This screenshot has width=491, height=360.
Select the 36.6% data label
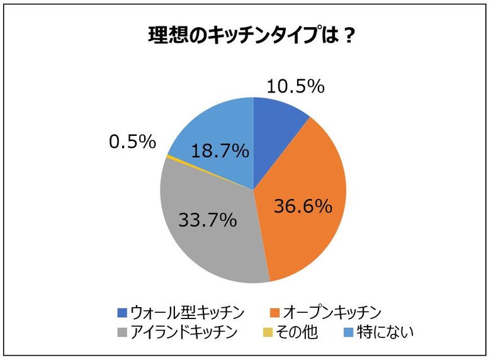(302, 206)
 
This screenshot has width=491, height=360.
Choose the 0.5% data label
(132, 142)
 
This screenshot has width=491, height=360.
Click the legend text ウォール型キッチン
(187, 312)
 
